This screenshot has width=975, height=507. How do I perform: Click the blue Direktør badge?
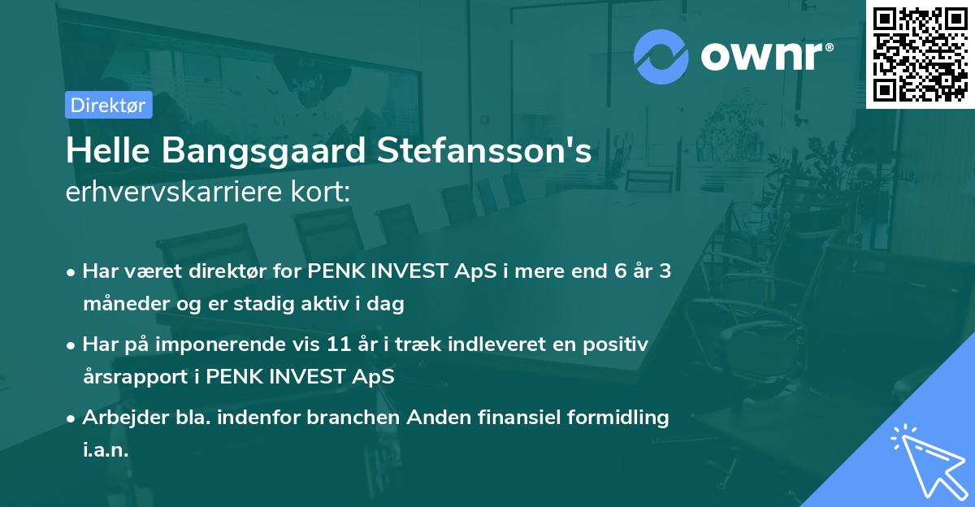coord(108,105)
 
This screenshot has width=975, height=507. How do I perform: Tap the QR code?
coord(920,54)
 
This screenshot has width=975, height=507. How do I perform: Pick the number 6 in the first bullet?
coord(621,271)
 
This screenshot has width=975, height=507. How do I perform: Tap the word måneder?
coord(121,305)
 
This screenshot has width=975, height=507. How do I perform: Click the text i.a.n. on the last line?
coord(106,451)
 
